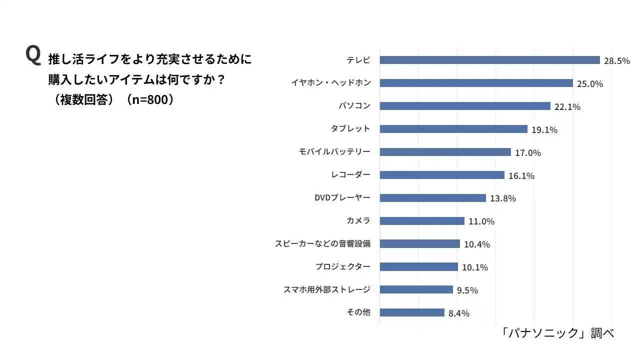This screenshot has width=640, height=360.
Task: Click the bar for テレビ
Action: (x=489, y=60)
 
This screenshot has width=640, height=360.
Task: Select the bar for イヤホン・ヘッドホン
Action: (x=476, y=83)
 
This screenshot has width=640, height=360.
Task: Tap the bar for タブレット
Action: (x=453, y=129)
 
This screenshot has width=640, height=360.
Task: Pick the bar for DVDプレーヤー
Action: (x=432, y=198)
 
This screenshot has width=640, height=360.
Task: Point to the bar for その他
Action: (x=412, y=312)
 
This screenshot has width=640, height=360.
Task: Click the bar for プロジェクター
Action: (x=418, y=267)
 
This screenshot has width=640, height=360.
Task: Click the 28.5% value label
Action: (x=616, y=61)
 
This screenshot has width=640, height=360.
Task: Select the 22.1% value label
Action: (x=567, y=107)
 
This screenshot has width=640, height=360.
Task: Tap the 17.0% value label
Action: (x=528, y=153)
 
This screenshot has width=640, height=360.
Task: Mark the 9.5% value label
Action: (x=467, y=290)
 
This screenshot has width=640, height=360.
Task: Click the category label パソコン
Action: (x=354, y=106)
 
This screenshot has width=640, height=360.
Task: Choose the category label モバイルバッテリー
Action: (x=334, y=151)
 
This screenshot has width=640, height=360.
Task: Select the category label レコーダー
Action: (x=350, y=174)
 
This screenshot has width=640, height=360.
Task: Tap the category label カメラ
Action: (x=358, y=220)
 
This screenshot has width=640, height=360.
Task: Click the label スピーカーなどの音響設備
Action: (x=322, y=243)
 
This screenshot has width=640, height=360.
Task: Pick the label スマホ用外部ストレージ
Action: (x=326, y=289)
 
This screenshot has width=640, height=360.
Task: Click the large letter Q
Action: (x=33, y=55)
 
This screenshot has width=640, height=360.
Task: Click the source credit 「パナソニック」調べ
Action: (x=557, y=333)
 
